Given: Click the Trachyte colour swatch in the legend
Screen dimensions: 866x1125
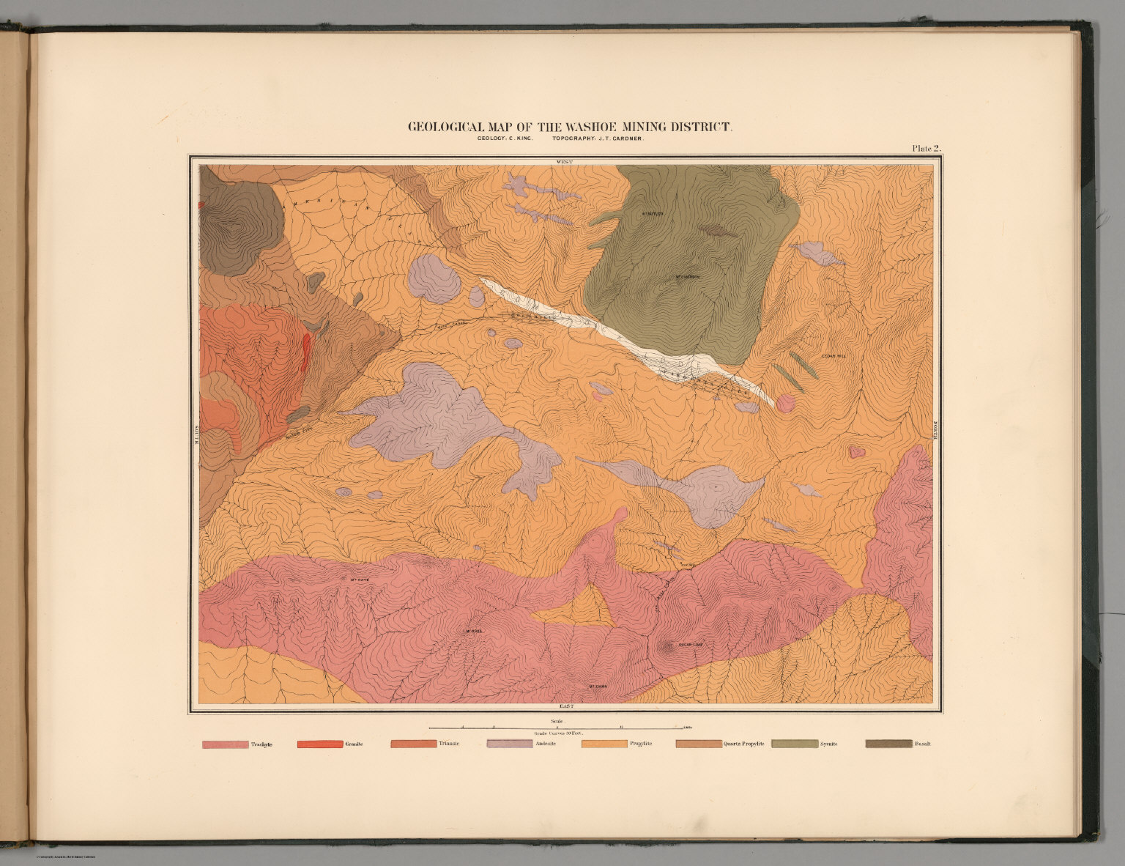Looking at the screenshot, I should pyautogui.click(x=225, y=744).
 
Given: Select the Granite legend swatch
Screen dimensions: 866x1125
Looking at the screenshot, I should pyautogui.click(x=319, y=744).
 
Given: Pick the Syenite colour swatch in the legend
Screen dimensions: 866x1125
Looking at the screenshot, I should pyautogui.click(x=794, y=744).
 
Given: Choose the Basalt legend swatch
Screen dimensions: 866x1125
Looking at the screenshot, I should pyautogui.click(x=888, y=744).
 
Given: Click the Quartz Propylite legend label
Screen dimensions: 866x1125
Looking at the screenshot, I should pyautogui.click(x=743, y=744).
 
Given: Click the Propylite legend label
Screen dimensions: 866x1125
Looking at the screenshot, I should pyautogui.click(x=641, y=744).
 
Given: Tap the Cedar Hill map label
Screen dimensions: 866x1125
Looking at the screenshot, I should pyautogui.click(x=833, y=356).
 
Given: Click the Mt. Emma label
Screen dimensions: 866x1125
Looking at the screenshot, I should pyautogui.click(x=598, y=686).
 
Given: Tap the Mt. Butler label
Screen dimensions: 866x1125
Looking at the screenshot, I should pyautogui.click(x=652, y=215).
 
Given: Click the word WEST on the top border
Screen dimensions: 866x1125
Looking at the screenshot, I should pyautogui.click(x=564, y=160).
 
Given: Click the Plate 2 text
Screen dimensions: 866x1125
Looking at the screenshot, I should pyautogui.click(x=926, y=148).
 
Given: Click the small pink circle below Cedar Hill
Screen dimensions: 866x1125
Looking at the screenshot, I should pyautogui.click(x=784, y=402).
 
